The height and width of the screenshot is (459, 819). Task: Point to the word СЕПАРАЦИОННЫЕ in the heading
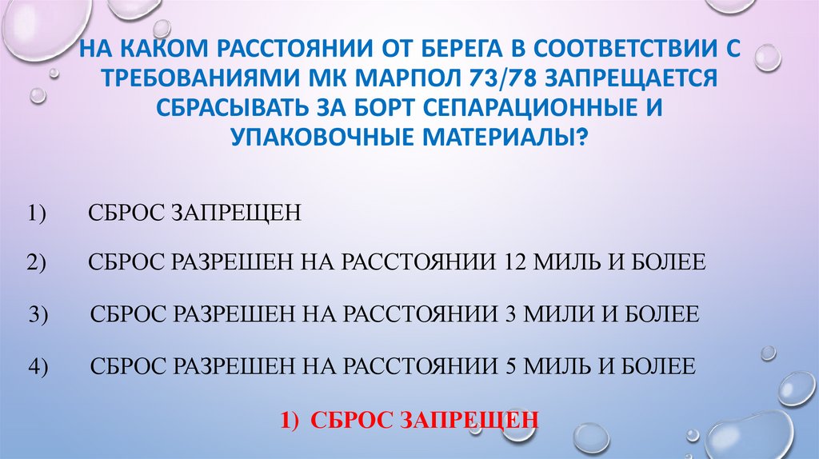[x=528, y=109]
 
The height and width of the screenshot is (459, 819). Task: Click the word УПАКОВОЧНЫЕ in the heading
[x=307, y=136]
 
